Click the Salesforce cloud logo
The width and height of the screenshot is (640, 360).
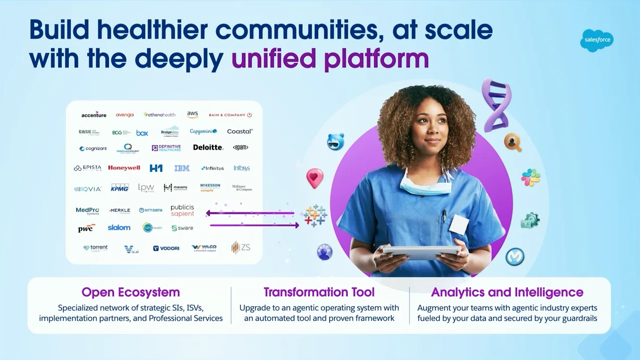pyautogui.click(x=596, y=41)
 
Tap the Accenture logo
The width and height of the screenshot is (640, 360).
pyautogui.click(x=94, y=115)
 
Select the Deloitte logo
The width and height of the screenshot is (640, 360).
pyautogui.click(x=208, y=148)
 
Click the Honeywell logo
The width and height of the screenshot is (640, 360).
pyautogui.click(x=124, y=168)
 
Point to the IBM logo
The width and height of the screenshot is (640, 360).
pyautogui.click(x=182, y=168)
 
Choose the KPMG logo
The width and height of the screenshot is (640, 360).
pyautogui.click(x=120, y=188)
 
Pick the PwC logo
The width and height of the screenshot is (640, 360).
pyautogui.click(x=86, y=228)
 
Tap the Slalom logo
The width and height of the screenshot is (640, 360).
pyautogui.click(x=119, y=228)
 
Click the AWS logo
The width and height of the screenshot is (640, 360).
pyautogui.click(x=193, y=115)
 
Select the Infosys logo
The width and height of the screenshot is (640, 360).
pyautogui.click(x=241, y=168)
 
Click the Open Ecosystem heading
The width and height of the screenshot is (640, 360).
pyautogui.click(x=131, y=292)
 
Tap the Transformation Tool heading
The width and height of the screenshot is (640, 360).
pyautogui.click(x=319, y=292)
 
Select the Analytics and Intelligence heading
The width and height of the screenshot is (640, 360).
pyautogui.click(x=507, y=292)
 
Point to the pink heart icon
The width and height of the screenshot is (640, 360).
pyautogui.click(x=315, y=178)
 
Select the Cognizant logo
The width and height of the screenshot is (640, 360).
pyautogui.click(x=93, y=149)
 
